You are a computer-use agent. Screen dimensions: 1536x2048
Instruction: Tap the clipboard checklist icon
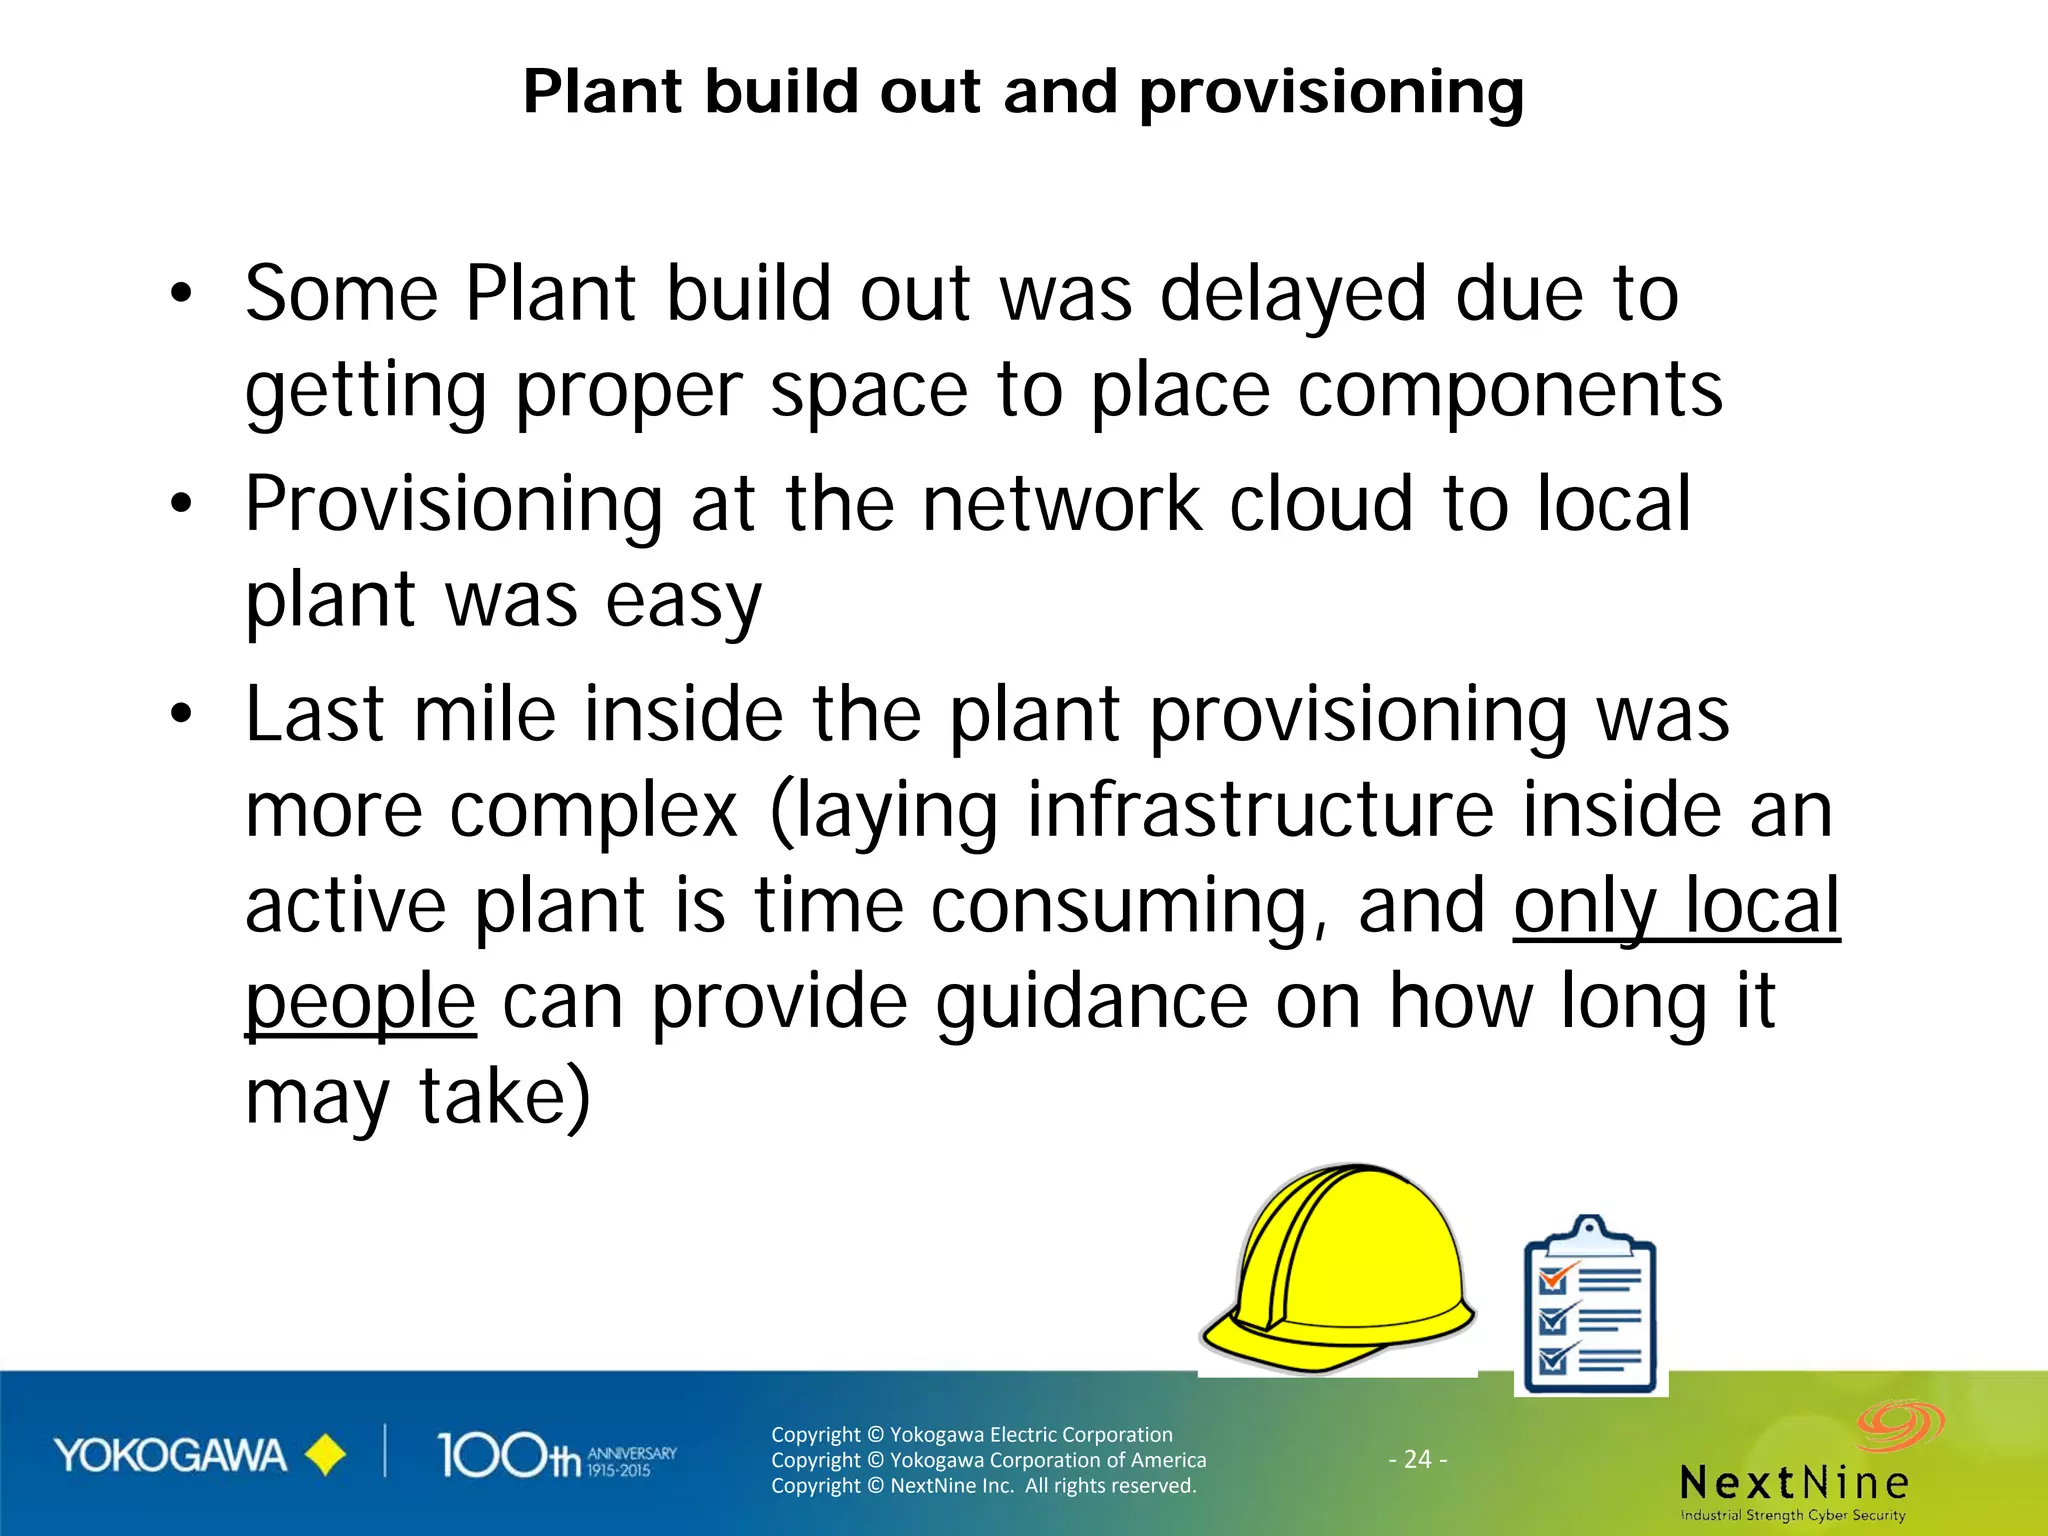pyautogui.click(x=1590, y=1305)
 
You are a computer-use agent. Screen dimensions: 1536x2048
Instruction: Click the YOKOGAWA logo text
pyautogui.click(x=170, y=1456)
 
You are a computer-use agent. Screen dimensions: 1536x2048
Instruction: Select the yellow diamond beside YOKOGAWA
pyautogui.click(x=325, y=1456)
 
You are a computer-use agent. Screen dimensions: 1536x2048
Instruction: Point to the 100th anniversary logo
pyautogui.click(x=556, y=1456)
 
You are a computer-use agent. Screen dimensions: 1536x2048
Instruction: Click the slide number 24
pyautogui.click(x=1418, y=1459)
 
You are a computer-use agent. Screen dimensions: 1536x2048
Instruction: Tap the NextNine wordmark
pyautogui.click(x=1795, y=1482)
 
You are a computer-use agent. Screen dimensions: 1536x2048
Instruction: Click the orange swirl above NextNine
pyautogui.click(x=1900, y=1425)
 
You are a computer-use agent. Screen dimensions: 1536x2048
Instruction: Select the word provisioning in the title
pyautogui.click(x=1331, y=93)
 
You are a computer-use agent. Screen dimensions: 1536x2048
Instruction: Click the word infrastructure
pyautogui.click(x=1260, y=810)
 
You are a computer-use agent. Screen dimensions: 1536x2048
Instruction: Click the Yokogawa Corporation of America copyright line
pyautogui.click(x=988, y=1460)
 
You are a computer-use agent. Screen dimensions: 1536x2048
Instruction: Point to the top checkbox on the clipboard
pyautogui.click(x=1553, y=1279)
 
